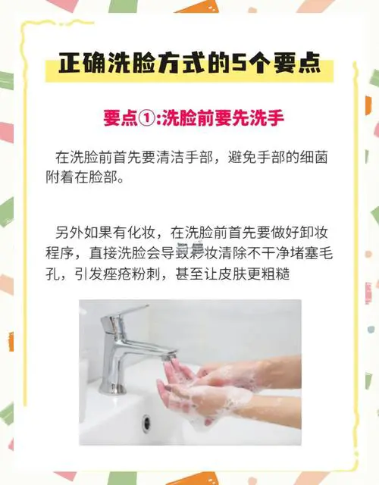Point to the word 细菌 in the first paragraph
point(312,158)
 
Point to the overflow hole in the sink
point(147,421)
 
